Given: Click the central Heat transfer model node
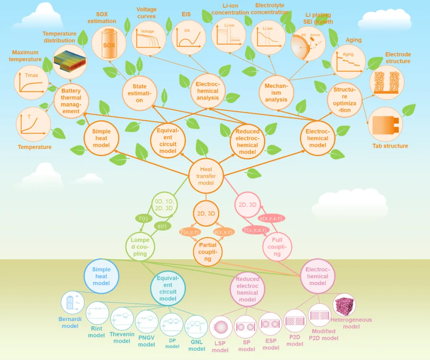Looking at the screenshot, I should click(206, 176).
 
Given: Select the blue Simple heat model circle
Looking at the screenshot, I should click(102, 276).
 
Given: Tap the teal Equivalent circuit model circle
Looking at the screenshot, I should click(168, 288).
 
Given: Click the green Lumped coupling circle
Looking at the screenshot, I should click(140, 247).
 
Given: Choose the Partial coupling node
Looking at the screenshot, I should click(208, 252).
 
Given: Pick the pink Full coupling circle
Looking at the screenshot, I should click(277, 247).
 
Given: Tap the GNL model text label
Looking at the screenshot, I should click(197, 345).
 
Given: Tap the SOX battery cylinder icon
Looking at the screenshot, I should click(109, 44).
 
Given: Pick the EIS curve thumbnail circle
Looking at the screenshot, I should click(188, 38).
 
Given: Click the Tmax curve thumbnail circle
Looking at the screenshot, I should click(31, 82).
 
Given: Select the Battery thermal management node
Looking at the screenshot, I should click(71, 101).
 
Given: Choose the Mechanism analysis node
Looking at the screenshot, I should click(276, 93).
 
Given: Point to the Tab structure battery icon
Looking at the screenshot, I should click(385, 125).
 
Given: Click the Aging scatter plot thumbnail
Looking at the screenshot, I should click(348, 62).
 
